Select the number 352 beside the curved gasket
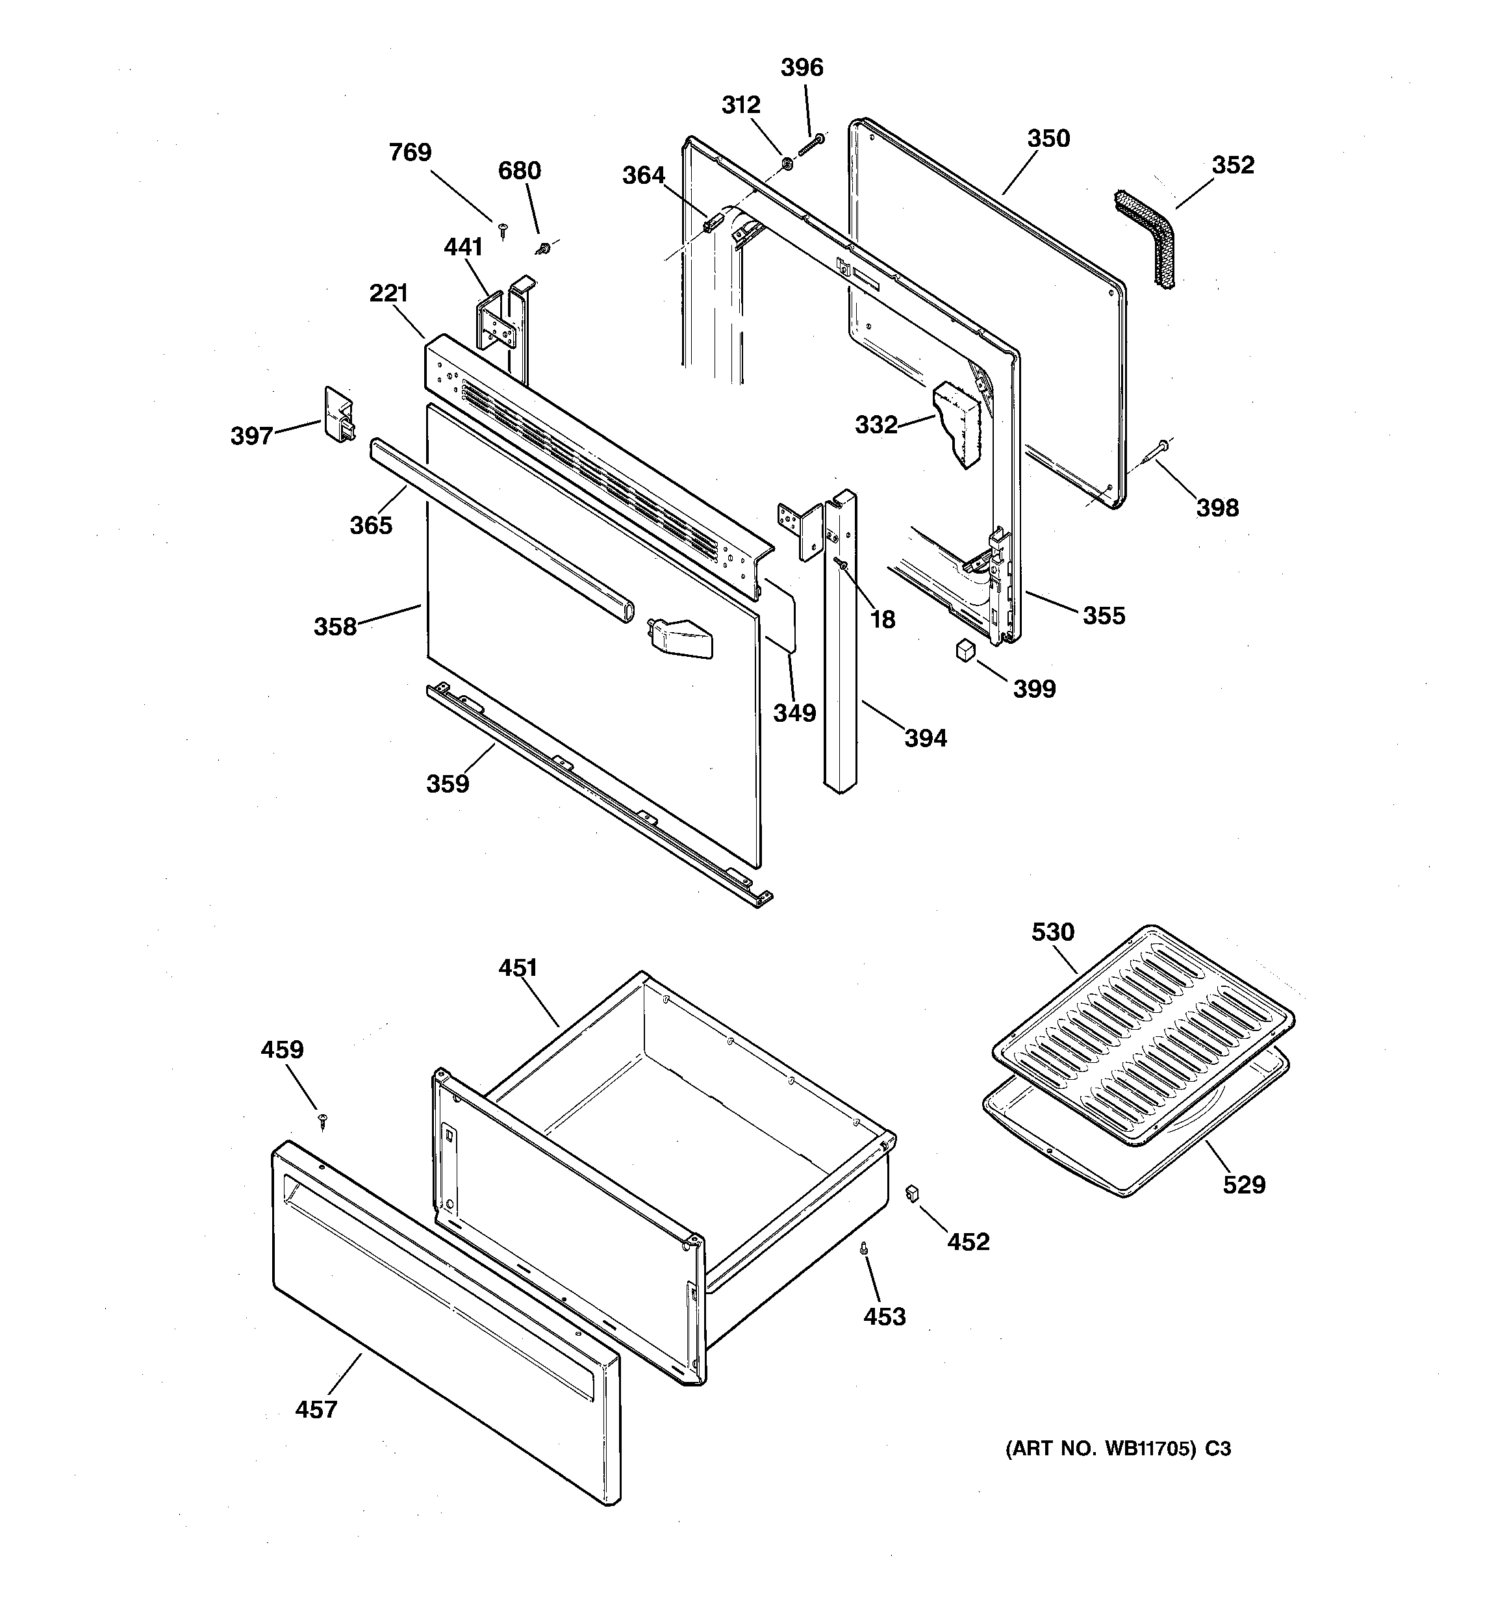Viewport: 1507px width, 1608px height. pos(1232,165)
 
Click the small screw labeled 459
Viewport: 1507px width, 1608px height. pos(323,1119)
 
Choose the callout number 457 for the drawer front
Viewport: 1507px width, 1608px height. pos(316,1410)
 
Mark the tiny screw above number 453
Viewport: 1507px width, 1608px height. pos(865,1249)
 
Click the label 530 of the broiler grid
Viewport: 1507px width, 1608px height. pos(1052,932)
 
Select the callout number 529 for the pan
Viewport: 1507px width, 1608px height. pos(1243,1185)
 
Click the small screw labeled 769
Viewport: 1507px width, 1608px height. pos(502,231)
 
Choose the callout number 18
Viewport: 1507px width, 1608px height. pos(883,620)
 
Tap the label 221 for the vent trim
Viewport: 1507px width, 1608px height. pos(388,294)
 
